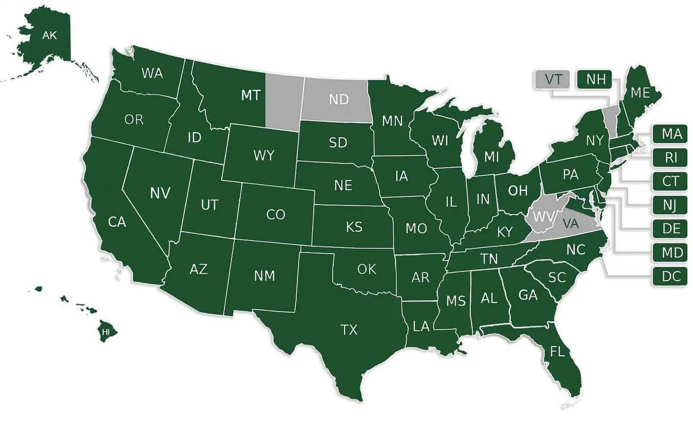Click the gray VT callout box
[553, 80]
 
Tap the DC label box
[670, 277]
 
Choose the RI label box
[670, 158]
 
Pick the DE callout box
[670, 229]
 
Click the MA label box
[670, 134]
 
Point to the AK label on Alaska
[49, 35]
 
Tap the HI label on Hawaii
[106, 332]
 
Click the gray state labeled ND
[339, 99]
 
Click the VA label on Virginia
[571, 224]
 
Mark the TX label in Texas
[349, 330]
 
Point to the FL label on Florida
[557, 352]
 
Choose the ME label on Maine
[640, 93]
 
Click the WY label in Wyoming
[264, 155]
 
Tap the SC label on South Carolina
[557, 277]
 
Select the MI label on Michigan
[491, 157]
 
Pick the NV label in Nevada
[160, 193]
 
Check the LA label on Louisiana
[421, 327]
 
